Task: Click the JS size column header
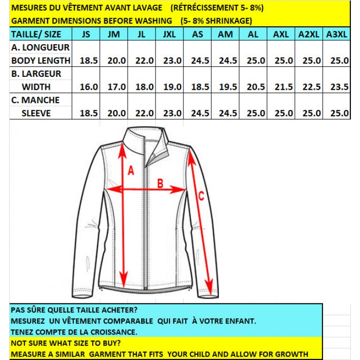(86, 34)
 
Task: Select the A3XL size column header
(336, 34)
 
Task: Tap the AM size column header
(225, 34)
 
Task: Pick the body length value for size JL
(144, 60)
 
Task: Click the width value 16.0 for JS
(89, 87)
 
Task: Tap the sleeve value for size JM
(117, 113)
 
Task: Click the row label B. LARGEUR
(36, 74)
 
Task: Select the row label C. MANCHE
(35, 100)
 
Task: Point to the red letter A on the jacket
(131, 170)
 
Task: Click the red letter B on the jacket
(160, 183)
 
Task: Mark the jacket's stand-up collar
(139, 137)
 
